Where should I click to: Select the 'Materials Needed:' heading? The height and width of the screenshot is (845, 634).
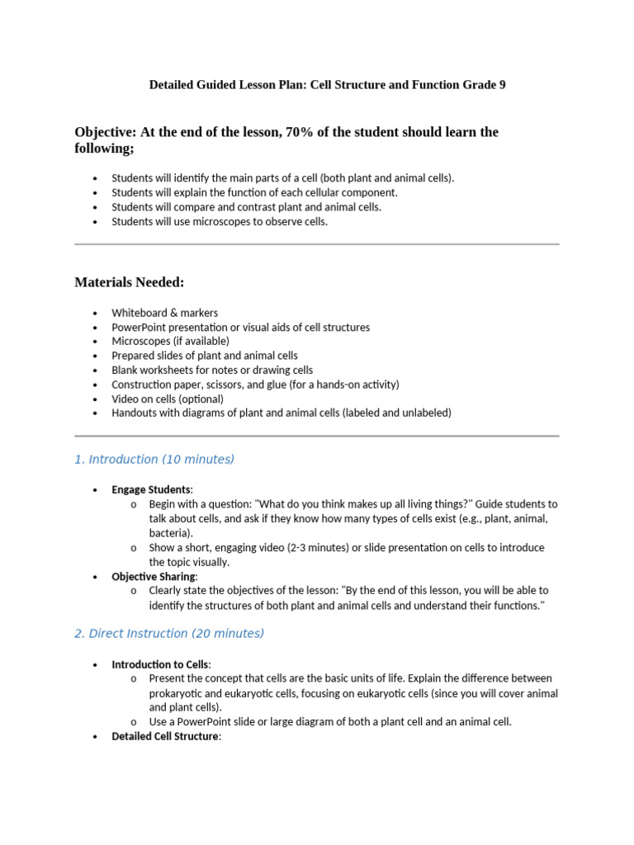(130, 283)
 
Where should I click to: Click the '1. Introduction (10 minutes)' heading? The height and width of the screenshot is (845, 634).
(154, 460)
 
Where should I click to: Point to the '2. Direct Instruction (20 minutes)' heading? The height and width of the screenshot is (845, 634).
(169, 634)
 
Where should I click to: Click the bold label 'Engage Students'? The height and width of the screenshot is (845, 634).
(151, 489)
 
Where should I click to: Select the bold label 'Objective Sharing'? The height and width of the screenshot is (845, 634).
(154, 576)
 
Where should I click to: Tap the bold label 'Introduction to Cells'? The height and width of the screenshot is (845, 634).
(160, 664)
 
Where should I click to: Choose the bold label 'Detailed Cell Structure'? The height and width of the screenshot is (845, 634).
(165, 736)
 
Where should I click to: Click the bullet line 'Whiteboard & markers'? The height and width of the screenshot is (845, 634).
(165, 313)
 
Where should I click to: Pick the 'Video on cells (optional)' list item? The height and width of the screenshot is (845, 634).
(168, 399)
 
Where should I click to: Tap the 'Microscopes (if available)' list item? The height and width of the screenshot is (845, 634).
(171, 341)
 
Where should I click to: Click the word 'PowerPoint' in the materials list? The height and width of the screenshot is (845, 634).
(140, 327)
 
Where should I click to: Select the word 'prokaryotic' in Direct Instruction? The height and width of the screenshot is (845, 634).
(177, 693)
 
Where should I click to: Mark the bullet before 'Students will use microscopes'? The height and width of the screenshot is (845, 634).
(96, 222)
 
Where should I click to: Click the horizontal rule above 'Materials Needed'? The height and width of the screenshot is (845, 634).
(317, 244)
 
